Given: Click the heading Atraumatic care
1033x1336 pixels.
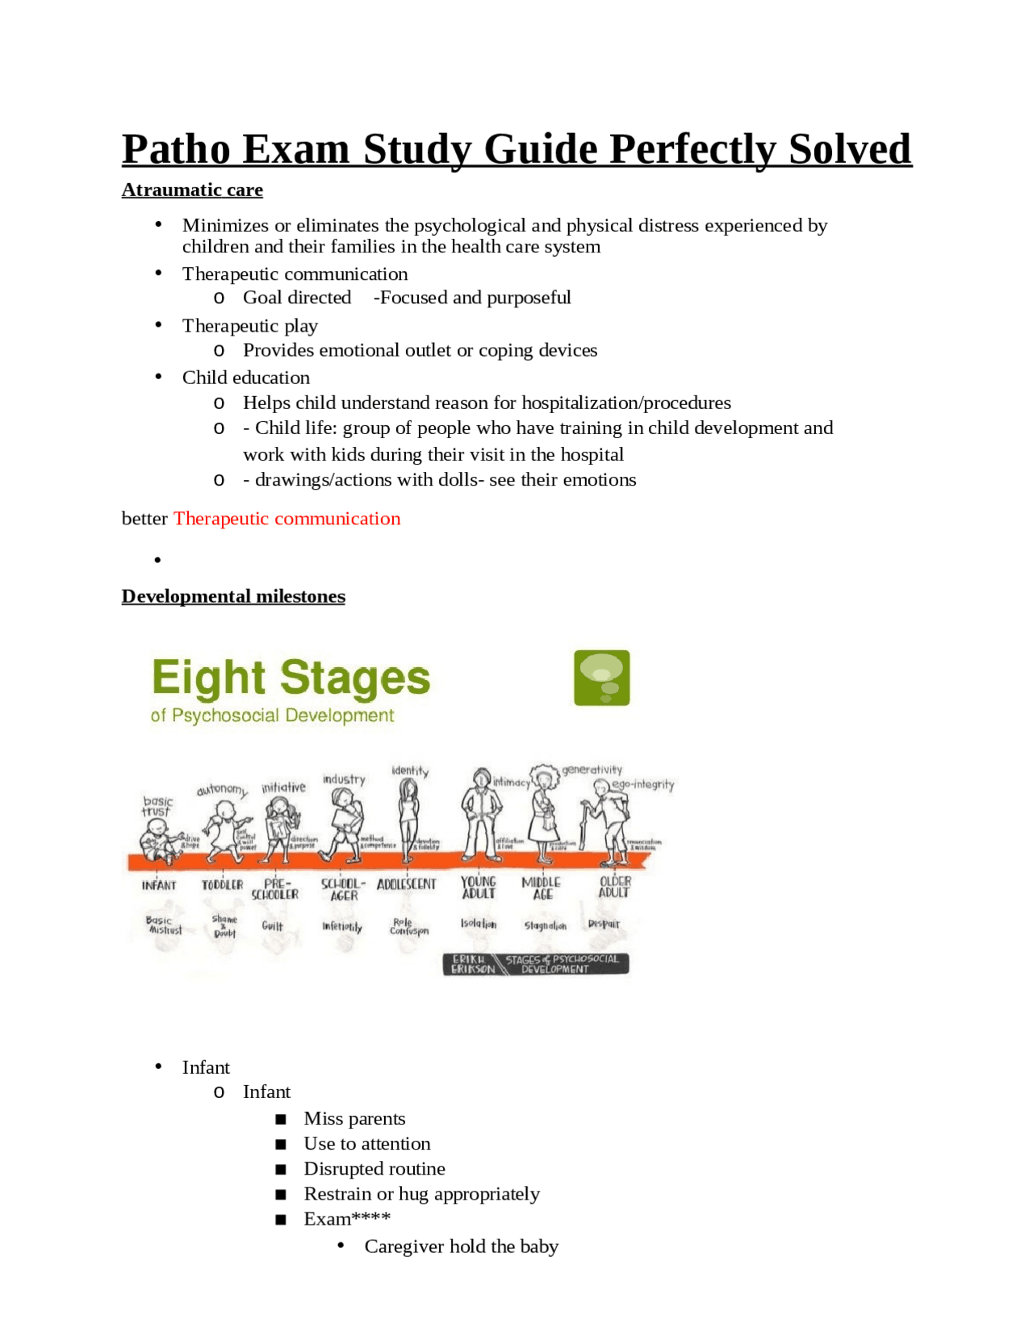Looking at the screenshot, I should pyautogui.click(x=192, y=190).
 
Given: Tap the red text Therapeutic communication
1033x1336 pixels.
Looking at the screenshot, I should pyautogui.click(x=286, y=518).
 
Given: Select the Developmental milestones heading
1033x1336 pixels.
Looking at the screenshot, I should pyautogui.click(x=233, y=596).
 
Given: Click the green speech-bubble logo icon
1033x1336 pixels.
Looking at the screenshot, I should pyautogui.click(x=601, y=678).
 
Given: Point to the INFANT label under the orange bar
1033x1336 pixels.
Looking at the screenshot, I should pyautogui.click(x=159, y=885).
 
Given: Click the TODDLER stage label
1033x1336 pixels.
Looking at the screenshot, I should pyautogui.click(x=222, y=885).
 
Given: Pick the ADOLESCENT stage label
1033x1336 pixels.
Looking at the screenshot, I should pyautogui.click(x=406, y=884).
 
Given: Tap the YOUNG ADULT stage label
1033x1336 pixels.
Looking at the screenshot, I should pyautogui.click(x=479, y=887).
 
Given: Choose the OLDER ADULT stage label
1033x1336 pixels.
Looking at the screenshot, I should pyautogui.click(x=614, y=887).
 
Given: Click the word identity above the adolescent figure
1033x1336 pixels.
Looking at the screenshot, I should pyautogui.click(x=410, y=770).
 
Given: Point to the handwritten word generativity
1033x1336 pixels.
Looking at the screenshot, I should pyautogui.click(x=592, y=770).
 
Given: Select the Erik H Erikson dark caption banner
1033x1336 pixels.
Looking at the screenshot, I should pyautogui.click(x=536, y=964).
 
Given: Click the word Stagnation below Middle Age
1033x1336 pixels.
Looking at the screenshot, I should pyautogui.click(x=546, y=925).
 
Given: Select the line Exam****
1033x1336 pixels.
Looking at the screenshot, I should pyautogui.click(x=347, y=1218).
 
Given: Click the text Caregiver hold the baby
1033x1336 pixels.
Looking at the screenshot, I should pyautogui.click(x=461, y=1246).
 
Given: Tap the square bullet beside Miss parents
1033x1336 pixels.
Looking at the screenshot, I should pyautogui.click(x=281, y=1119).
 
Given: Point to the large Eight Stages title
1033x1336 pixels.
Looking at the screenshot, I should pyautogui.click(x=291, y=678).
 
